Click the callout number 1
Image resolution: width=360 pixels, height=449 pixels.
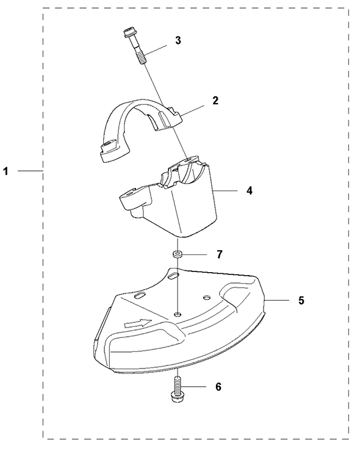5,171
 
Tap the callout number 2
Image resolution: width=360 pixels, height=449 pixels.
215,101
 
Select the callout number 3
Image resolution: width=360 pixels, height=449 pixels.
178,40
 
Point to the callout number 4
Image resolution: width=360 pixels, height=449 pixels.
250,190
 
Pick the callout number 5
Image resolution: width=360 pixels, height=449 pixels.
301,300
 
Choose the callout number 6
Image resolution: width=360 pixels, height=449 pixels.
218,387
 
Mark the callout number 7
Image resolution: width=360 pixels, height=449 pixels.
220,254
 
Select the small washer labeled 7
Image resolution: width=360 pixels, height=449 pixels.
178,254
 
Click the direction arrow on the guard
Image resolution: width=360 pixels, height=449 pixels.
138,323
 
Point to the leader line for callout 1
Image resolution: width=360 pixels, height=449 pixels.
31,171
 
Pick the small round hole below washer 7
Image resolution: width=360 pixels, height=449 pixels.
178,314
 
